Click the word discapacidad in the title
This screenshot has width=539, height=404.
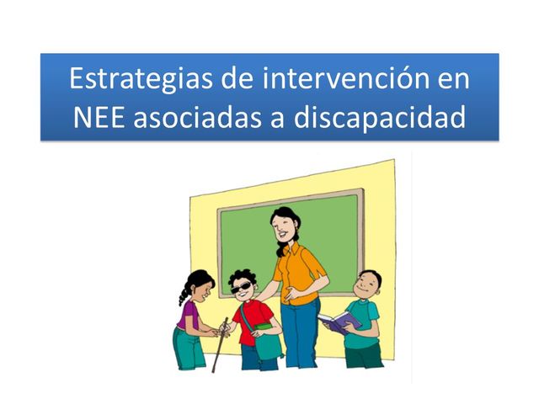pyautogui.click(x=379, y=118)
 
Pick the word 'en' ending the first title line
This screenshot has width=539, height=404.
pyautogui.click(x=447, y=81)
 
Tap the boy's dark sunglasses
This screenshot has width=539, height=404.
pyautogui.click(x=244, y=288)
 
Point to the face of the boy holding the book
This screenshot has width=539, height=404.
pyautogui.click(x=368, y=286)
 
